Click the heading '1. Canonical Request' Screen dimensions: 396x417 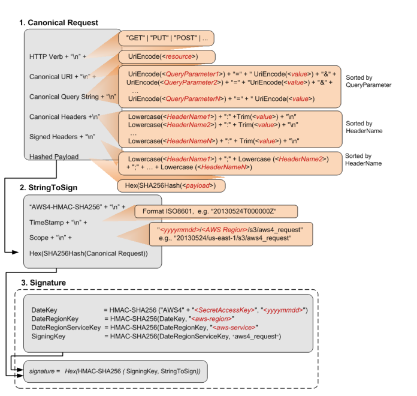pos(58,23)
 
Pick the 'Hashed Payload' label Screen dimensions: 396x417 pos(55,157)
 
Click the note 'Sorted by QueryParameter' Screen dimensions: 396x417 pos(367,81)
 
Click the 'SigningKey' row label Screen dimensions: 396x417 pos(46,337)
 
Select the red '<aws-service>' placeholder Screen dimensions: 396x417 pos(234,328)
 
